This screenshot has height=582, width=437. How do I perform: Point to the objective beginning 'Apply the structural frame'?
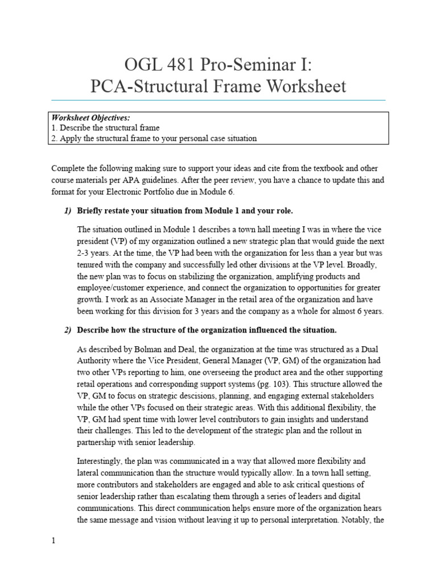(154, 138)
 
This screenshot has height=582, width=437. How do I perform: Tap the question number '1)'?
(67, 211)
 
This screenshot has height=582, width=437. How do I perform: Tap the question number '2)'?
(67, 330)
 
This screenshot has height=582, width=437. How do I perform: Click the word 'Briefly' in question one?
(90, 211)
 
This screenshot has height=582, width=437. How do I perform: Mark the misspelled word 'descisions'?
(215, 397)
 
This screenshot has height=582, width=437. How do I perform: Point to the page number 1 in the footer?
(53, 541)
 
